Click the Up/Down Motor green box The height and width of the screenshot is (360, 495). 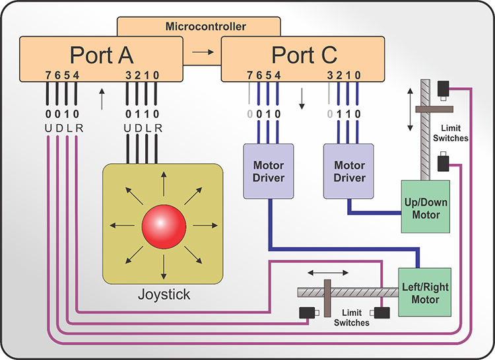click(426, 206)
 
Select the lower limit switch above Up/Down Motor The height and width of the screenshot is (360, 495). click(445, 161)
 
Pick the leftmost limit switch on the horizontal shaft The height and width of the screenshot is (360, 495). click(308, 314)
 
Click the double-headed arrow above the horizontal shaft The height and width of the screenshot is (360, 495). click(327, 271)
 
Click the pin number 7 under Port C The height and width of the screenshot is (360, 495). click(249, 75)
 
